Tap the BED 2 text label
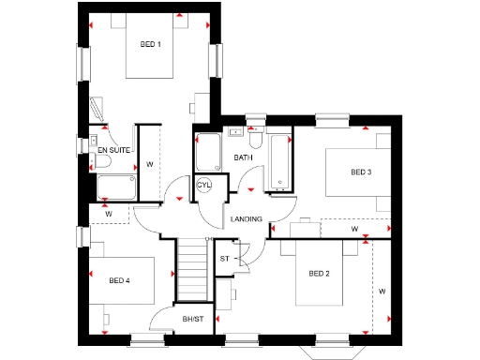click(x=320, y=274)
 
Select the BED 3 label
click(x=362, y=172)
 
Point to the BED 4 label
click(x=119, y=280)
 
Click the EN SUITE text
click(x=112, y=149)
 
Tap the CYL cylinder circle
click(x=205, y=186)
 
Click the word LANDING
click(x=245, y=219)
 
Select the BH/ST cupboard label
click(x=194, y=321)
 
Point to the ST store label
click(x=225, y=258)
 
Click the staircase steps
click(x=193, y=267)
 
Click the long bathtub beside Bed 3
click(x=279, y=160)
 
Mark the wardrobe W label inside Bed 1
click(x=148, y=164)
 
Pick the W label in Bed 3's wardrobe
click(x=353, y=228)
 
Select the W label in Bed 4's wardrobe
click(x=108, y=214)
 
